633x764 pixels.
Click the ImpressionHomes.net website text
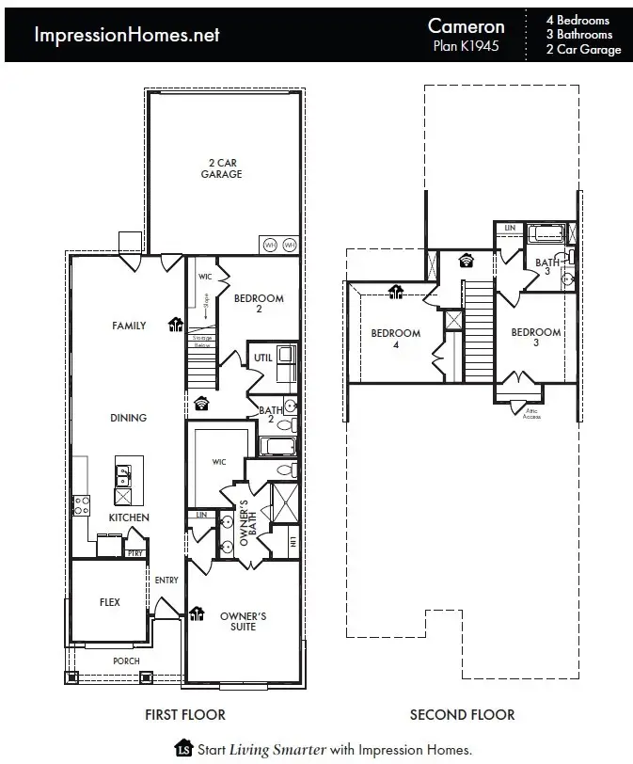(127, 35)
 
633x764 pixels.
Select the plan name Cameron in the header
(466, 26)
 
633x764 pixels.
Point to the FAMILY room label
(129, 326)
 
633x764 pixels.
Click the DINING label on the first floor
(129, 418)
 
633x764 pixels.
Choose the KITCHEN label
(129, 517)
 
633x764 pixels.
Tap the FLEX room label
(110, 602)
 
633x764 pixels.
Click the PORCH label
(126, 661)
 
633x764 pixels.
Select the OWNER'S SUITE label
(244, 621)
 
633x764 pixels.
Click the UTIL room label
(262, 358)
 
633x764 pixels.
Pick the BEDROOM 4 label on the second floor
(395, 339)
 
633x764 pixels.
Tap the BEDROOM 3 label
(535, 338)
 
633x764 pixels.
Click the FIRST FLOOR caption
(184, 715)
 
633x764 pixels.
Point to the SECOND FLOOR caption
(462, 715)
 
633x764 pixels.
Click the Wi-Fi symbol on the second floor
(465, 261)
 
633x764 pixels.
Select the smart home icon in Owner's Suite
(198, 614)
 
